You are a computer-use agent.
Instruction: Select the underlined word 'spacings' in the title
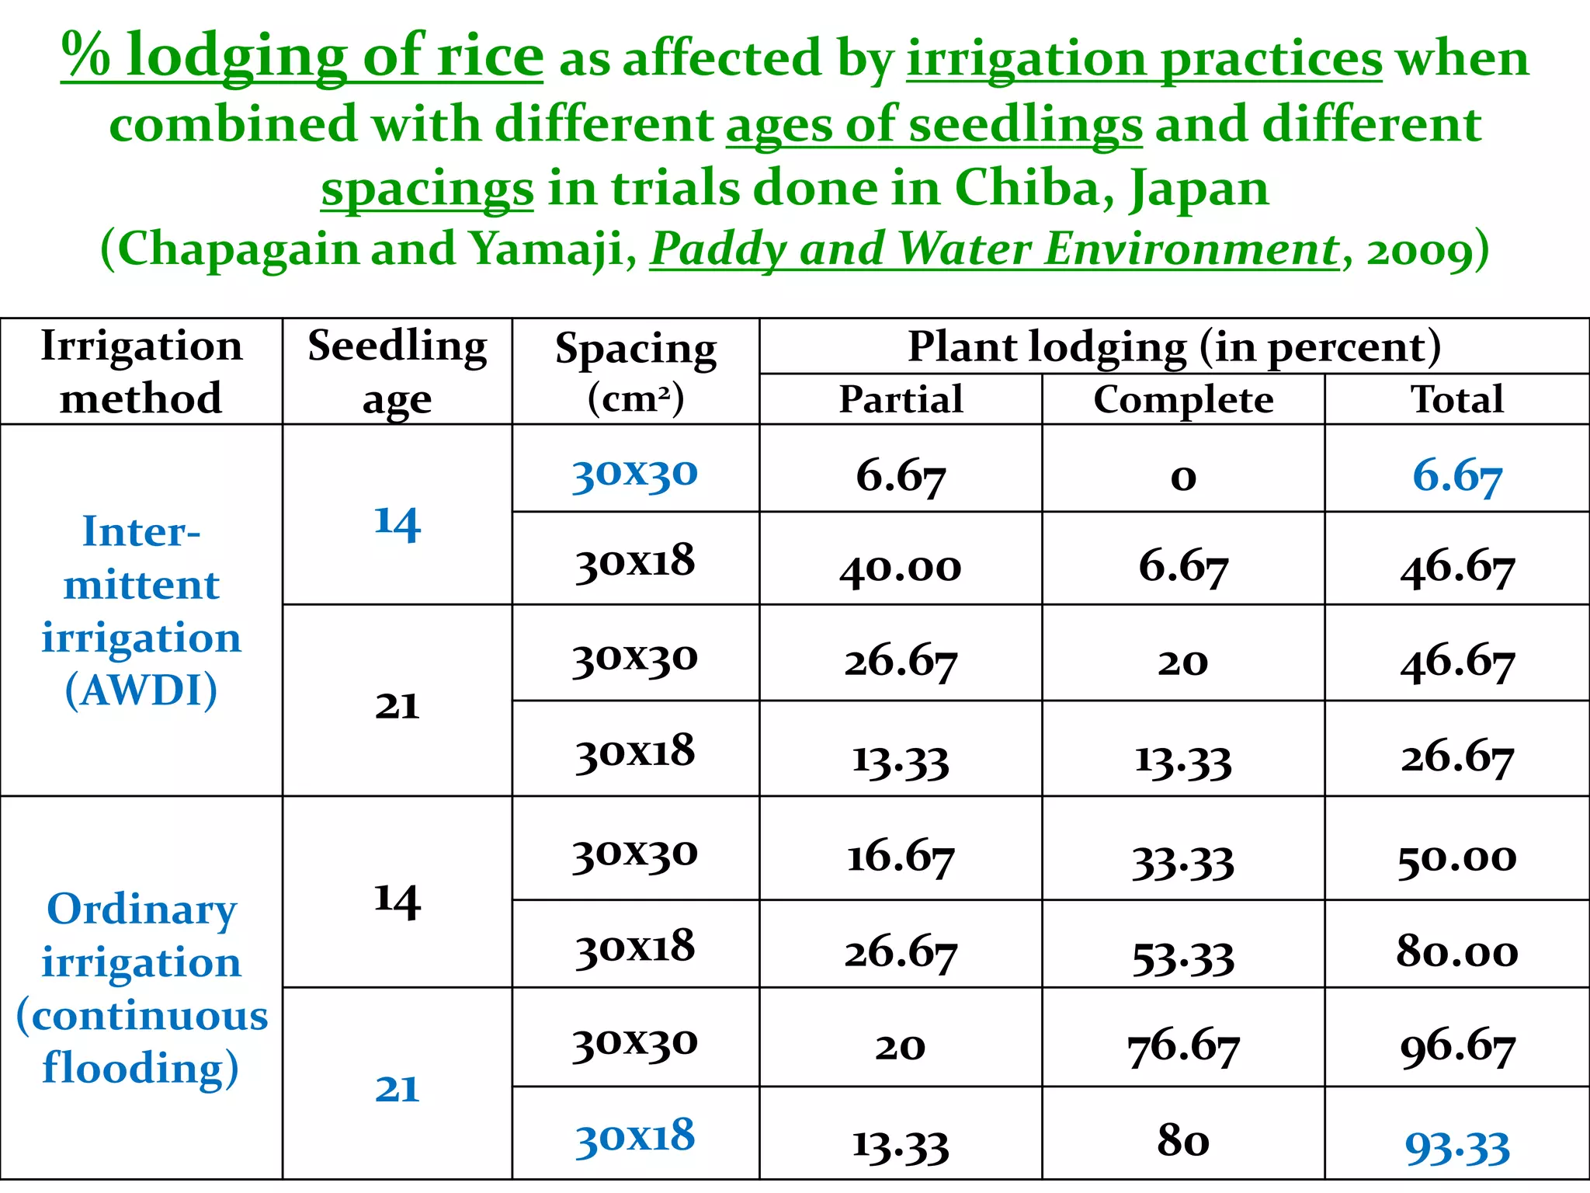(x=427, y=190)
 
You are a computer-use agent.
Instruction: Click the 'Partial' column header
(x=901, y=399)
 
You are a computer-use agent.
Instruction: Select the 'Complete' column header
(x=1182, y=399)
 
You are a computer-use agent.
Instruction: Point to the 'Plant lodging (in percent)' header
(x=1174, y=346)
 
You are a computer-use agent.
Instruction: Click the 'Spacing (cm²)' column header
(x=635, y=371)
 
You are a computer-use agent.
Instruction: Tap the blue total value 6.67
(x=1456, y=475)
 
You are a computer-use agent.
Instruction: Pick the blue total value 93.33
(x=1456, y=1146)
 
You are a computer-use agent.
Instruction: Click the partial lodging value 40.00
(x=901, y=567)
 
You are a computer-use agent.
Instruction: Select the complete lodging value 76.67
(x=1182, y=1047)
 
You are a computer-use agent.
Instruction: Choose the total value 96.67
(x=1456, y=1047)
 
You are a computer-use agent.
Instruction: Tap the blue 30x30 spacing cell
(x=635, y=472)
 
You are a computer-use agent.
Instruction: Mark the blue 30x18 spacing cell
(x=635, y=1137)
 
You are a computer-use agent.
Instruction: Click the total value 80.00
(x=1456, y=951)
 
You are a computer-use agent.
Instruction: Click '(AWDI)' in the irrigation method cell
(x=141, y=690)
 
